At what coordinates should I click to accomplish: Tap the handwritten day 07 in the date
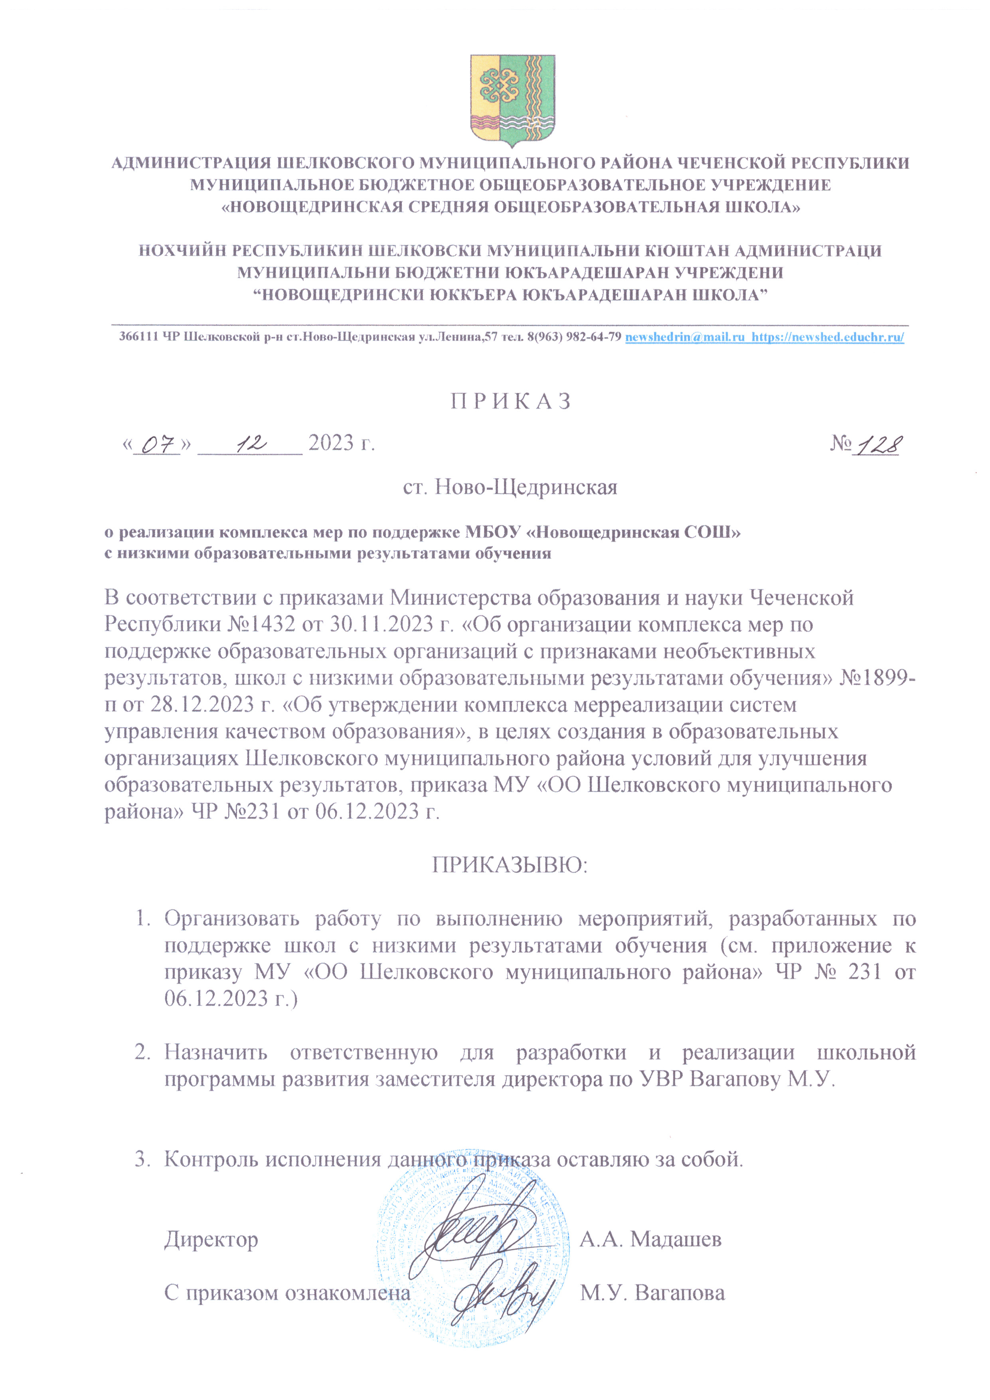coord(157,445)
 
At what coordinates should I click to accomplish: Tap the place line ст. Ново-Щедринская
coord(510,487)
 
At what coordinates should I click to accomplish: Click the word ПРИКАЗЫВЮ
coord(510,865)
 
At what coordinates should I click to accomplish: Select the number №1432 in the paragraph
coord(261,624)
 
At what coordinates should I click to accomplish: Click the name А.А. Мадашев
coord(650,1239)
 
